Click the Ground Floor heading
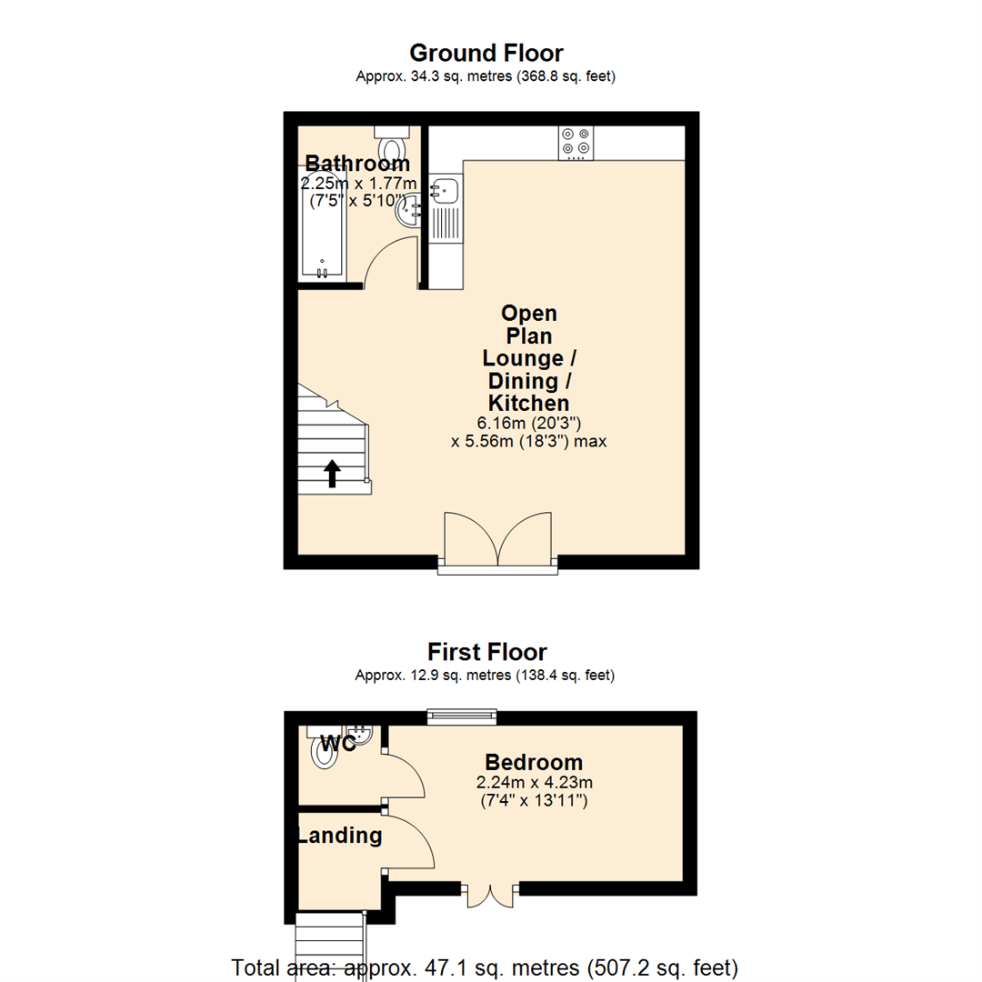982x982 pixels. (486, 53)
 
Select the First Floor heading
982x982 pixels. (487, 652)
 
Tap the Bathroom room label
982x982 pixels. (356, 164)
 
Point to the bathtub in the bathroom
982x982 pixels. (322, 227)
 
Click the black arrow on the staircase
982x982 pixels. (333, 473)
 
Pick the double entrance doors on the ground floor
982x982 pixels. (497, 542)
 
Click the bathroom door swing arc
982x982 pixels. (389, 259)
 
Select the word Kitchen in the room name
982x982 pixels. (528, 403)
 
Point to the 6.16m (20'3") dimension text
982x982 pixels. (528, 423)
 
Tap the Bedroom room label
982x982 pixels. (534, 762)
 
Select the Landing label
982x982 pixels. (340, 835)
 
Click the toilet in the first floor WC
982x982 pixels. (323, 752)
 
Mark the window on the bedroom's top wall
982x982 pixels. (463, 716)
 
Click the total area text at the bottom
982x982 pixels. (485, 967)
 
